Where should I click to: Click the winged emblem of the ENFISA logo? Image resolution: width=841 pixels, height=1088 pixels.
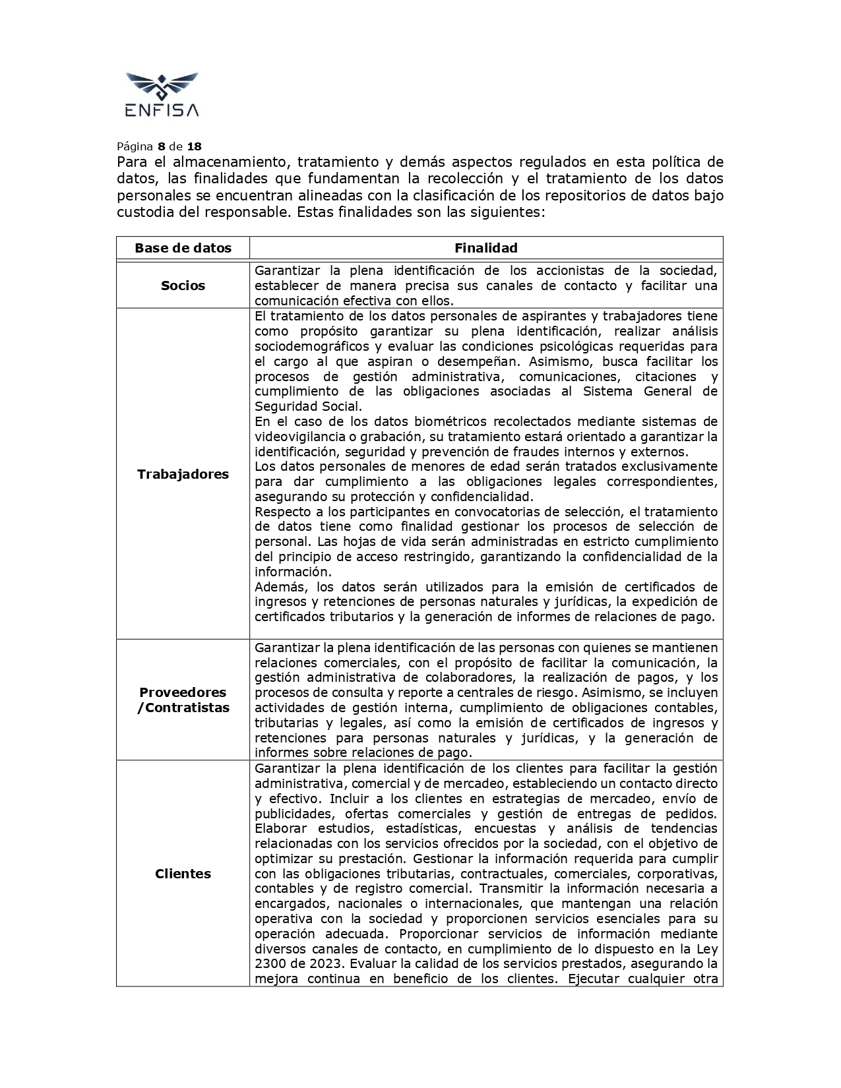[x=162, y=86]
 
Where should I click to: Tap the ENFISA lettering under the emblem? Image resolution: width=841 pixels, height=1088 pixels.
[x=162, y=109]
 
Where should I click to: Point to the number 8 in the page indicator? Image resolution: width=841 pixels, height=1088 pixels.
[x=161, y=146]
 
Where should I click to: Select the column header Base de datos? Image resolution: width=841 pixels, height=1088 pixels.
[x=183, y=248]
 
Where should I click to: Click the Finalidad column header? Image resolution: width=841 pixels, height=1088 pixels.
[x=485, y=248]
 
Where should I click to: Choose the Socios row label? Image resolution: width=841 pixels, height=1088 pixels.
[x=183, y=286]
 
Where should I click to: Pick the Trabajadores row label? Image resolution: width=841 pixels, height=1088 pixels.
[x=183, y=474]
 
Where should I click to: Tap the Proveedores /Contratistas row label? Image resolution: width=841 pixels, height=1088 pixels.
[x=183, y=700]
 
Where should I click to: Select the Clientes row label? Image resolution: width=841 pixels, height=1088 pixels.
[x=183, y=874]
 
